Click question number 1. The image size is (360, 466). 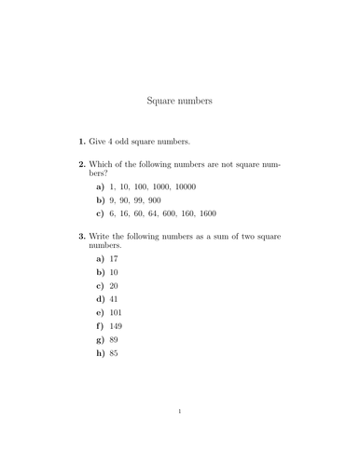(x=81, y=142)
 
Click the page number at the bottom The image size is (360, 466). (x=180, y=435)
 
